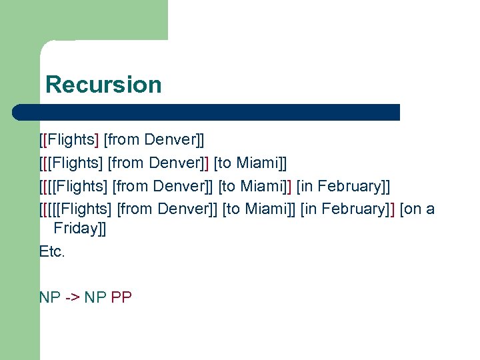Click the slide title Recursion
click(x=103, y=85)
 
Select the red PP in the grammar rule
click(x=121, y=297)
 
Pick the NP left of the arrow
click(x=50, y=297)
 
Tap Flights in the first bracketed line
click(x=73, y=139)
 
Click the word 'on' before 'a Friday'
click(x=413, y=209)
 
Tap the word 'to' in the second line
click(x=225, y=163)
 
